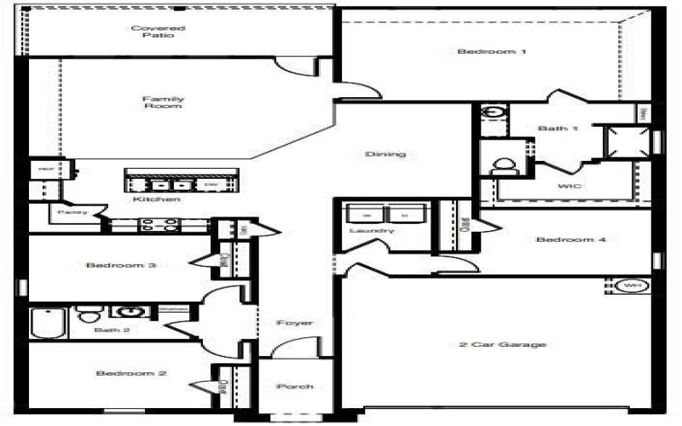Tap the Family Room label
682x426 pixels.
pyautogui.click(x=163, y=104)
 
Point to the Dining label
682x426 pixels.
pyautogui.click(x=384, y=154)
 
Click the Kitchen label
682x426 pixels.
pyautogui.click(x=156, y=199)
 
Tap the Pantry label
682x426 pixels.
pyautogui.click(x=68, y=212)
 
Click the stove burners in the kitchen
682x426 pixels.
pyautogui.click(x=159, y=226)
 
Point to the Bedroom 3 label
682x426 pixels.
pyautogui.click(x=120, y=265)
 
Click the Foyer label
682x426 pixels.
pyautogui.click(x=295, y=323)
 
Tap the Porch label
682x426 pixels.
pyautogui.click(x=295, y=386)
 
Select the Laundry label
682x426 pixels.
pyautogui.click(x=372, y=231)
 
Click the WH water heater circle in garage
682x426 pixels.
pyautogui.click(x=632, y=285)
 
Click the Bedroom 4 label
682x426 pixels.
pyautogui.click(x=570, y=239)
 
